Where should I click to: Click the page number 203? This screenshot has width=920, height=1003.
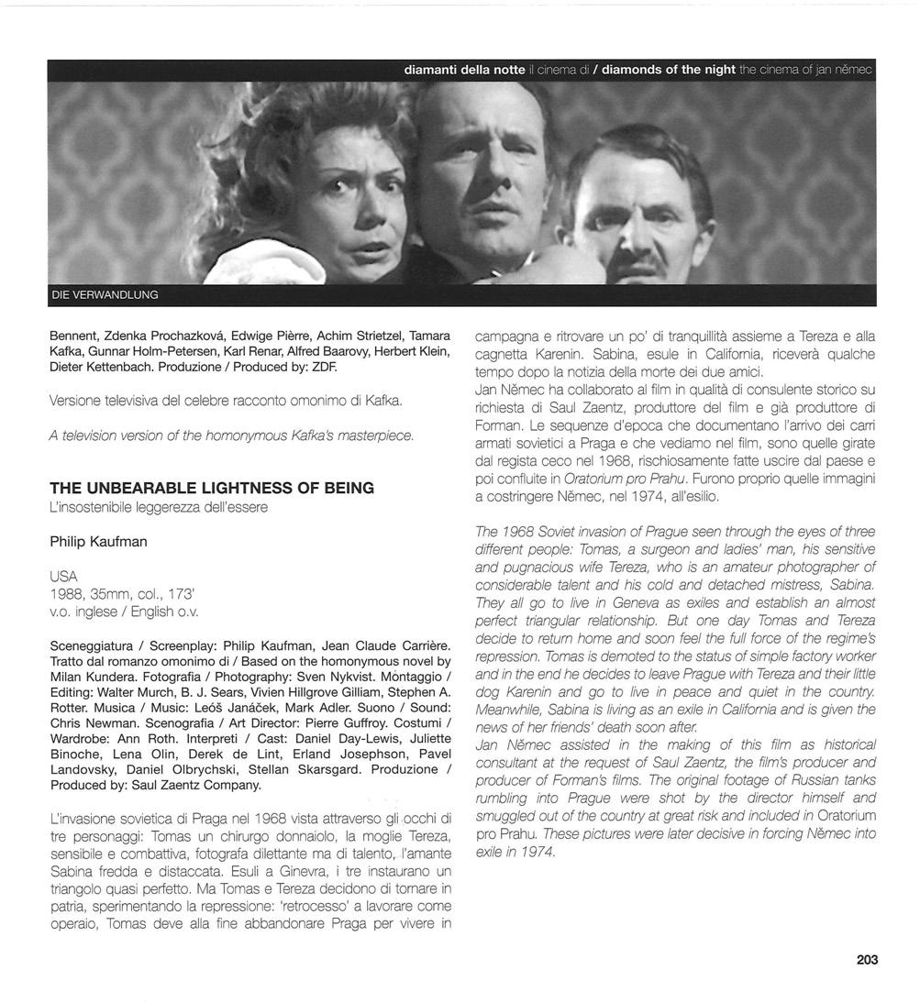pyautogui.click(x=867, y=960)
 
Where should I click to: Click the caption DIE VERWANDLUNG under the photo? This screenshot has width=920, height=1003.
pyautogui.click(x=104, y=295)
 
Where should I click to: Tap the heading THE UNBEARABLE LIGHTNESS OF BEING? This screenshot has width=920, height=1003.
pyautogui.click(x=212, y=489)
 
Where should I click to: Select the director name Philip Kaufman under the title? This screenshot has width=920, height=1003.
pyautogui.click(x=98, y=542)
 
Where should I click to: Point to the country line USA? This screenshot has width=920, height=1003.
pyautogui.click(x=64, y=576)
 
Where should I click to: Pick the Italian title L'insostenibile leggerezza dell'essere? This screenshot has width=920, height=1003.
pyautogui.click(x=159, y=507)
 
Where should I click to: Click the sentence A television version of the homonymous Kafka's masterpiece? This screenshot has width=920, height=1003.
pyautogui.click(x=232, y=436)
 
